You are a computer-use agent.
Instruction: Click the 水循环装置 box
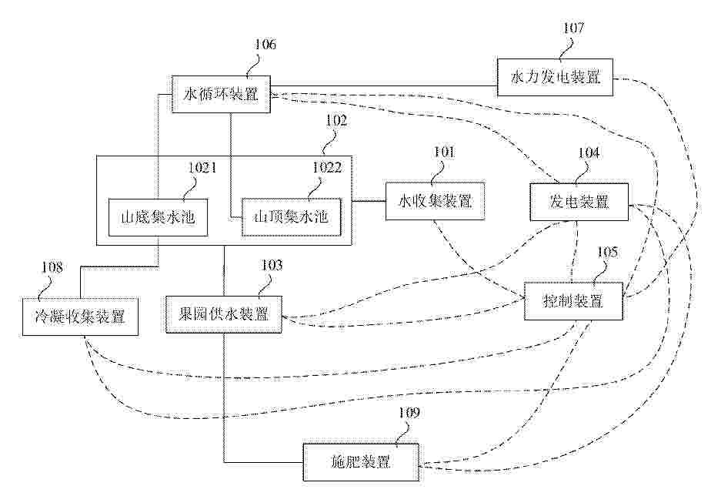point(222,96)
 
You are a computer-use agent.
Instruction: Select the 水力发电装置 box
point(555,77)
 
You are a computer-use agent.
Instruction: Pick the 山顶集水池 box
point(291,217)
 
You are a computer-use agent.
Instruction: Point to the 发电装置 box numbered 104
point(579,203)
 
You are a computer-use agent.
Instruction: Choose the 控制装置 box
point(573,301)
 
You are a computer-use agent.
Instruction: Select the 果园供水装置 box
point(223,313)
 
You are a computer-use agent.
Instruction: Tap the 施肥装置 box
point(360,462)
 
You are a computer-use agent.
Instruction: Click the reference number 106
point(265,44)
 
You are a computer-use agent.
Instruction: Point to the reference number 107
point(573,28)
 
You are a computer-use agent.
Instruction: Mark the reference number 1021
point(202,166)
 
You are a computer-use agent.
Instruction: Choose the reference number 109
point(409,413)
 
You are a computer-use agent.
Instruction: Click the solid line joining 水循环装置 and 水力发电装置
point(385,85)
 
